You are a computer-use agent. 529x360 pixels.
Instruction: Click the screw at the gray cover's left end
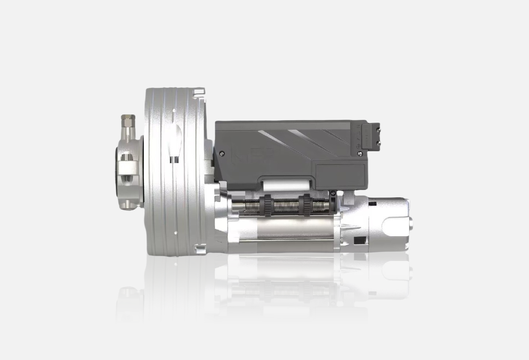coord(222,153)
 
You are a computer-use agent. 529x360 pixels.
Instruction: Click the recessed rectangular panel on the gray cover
coord(340,172)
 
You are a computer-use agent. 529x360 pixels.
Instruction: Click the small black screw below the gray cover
coord(333,193)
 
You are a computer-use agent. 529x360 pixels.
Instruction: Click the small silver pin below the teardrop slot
coord(174,160)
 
